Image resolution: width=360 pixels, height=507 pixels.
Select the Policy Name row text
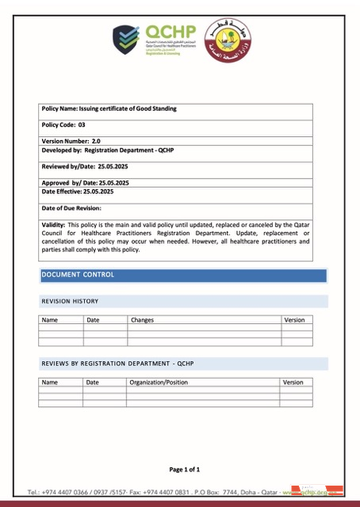tap(109, 108)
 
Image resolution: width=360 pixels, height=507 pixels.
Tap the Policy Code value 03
tap(81, 125)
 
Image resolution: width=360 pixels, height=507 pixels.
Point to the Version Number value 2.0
tap(96, 140)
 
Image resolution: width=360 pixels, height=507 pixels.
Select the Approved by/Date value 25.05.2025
tap(119, 182)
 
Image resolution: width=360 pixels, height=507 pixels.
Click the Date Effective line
tap(77, 191)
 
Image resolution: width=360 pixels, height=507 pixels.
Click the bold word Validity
tap(54, 225)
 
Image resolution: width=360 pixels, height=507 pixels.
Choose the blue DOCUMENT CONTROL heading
tap(78, 275)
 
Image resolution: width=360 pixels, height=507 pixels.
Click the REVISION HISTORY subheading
tap(70, 301)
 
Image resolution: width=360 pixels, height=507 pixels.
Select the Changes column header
tap(142, 320)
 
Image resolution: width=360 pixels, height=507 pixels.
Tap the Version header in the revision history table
tap(293, 320)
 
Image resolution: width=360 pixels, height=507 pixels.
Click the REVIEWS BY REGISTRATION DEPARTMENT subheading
tap(117, 364)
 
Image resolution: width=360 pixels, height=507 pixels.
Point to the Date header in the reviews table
tap(92, 382)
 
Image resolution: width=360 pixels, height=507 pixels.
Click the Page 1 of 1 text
tap(190, 469)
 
